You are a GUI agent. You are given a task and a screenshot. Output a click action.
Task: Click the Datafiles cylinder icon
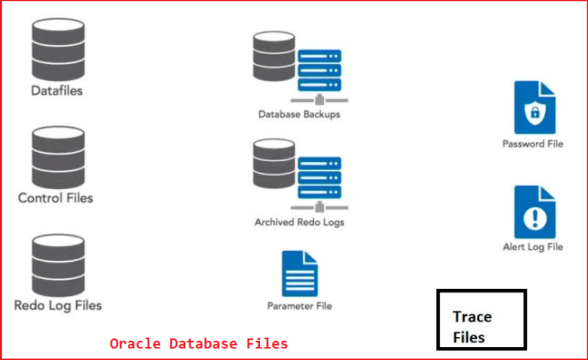(58, 49)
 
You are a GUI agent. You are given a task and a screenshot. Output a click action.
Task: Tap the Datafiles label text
(56, 91)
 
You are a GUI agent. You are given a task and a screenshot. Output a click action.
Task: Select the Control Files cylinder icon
(58, 157)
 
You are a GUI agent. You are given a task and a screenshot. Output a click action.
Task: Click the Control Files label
(55, 198)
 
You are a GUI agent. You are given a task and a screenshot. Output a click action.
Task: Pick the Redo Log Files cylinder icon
(58, 265)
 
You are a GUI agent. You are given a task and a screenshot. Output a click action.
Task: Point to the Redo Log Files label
(58, 306)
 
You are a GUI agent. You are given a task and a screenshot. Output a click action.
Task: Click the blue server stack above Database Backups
(319, 70)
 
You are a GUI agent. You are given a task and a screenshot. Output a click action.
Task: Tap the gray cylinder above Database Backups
(274, 56)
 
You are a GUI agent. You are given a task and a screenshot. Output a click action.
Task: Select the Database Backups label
(299, 114)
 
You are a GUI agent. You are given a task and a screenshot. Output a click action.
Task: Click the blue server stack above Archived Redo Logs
(319, 177)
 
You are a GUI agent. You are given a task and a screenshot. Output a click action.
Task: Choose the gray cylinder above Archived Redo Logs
(274, 163)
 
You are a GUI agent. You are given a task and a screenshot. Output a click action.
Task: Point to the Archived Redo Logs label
(299, 222)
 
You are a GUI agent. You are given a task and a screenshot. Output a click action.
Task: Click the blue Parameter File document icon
(300, 274)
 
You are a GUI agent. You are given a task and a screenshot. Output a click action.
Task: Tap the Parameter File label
(300, 306)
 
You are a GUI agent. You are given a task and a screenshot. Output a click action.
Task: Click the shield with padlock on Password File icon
(535, 112)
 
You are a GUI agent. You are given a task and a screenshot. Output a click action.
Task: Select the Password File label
(533, 144)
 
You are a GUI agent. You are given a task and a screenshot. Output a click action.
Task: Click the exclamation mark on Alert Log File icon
(535, 218)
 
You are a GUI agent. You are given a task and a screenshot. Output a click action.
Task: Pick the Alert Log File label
(533, 247)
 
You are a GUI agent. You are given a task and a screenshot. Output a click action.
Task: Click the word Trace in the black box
(473, 317)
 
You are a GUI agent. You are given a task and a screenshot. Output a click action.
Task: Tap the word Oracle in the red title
(136, 343)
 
